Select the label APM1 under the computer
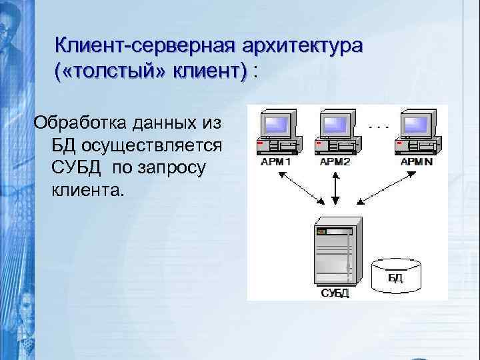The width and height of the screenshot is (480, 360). point(273,161)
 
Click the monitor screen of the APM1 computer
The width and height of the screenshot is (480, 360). point(277,123)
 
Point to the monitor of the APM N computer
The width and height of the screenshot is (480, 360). point(418,123)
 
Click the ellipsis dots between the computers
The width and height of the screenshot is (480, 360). point(378,125)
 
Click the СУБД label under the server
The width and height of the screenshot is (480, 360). point(334,293)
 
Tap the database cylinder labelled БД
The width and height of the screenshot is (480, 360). point(397,275)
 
